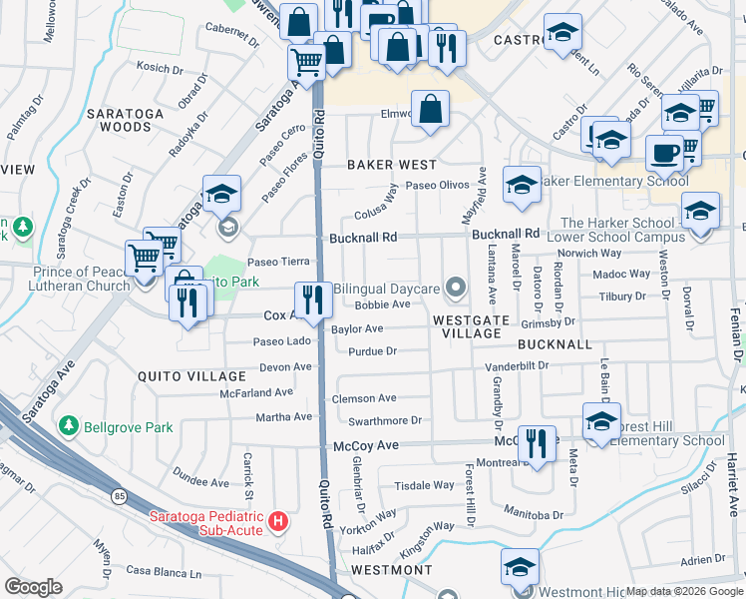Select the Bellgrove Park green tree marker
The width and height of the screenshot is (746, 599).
pos(68,427)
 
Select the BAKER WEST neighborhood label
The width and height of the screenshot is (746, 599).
pos(391,164)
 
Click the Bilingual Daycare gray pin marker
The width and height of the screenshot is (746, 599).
pos(456,289)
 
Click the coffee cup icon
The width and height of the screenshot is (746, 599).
pos(663,155)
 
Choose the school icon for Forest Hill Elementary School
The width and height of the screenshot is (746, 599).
pos(601,422)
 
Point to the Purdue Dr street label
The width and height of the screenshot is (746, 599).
pos(373,351)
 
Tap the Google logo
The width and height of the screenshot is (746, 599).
pos(33,587)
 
